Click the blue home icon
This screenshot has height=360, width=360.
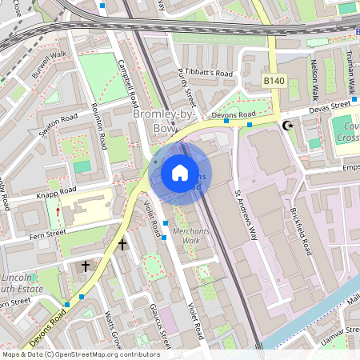[180, 172]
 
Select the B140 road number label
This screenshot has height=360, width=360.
[274, 81]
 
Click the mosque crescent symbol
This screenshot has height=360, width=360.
[286, 126]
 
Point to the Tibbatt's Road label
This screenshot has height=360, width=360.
[206, 73]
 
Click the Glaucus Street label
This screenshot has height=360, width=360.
[161, 326]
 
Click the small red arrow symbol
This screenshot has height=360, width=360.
[58, 212]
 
